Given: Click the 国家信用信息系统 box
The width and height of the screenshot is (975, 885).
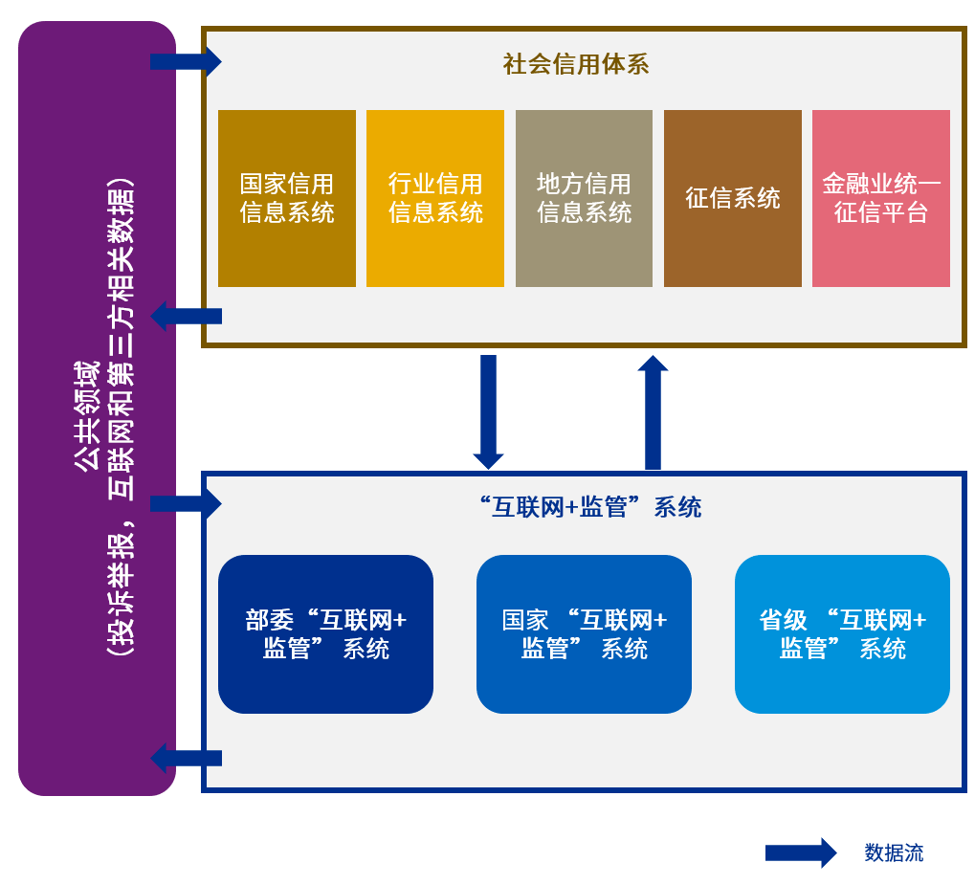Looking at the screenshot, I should (x=287, y=198).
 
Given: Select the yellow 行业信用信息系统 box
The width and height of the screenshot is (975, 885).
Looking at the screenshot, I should (x=435, y=198).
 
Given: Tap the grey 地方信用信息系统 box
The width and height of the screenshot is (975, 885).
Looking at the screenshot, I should (x=584, y=198).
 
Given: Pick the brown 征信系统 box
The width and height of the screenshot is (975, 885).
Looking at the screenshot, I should (x=732, y=198).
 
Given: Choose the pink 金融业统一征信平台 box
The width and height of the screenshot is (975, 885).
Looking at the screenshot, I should (x=880, y=198).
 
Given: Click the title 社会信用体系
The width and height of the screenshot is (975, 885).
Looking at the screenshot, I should (x=576, y=64).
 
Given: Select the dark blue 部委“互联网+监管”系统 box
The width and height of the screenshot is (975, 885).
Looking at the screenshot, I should (x=325, y=634).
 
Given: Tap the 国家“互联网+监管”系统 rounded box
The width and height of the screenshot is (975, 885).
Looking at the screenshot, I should (x=584, y=634).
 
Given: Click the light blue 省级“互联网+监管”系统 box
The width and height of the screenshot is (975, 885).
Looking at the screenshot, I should (x=842, y=634).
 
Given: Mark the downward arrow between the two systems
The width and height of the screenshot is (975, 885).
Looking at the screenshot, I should (x=488, y=411).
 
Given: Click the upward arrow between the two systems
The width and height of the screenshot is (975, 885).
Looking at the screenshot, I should (x=653, y=411).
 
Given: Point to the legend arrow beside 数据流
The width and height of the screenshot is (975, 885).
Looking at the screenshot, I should (x=801, y=852).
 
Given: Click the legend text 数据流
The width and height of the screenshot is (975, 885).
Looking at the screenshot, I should (x=894, y=852).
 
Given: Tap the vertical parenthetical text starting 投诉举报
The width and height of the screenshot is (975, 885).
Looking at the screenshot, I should (x=121, y=416).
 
